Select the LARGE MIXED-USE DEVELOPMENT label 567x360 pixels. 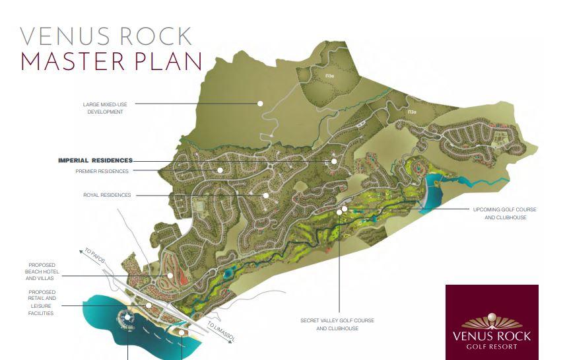[105, 108]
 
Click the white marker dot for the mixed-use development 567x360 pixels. [260, 104]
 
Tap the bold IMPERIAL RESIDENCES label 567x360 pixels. [95, 160]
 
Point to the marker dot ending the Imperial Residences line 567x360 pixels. [334, 161]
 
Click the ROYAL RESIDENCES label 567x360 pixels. [107, 195]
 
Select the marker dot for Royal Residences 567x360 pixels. [266, 195]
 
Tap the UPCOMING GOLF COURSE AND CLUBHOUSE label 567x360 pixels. [504, 213]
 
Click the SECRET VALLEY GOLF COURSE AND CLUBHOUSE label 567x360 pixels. [337, 324]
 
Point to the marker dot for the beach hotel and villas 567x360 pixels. [170, 276]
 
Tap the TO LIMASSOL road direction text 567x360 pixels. [220, 331]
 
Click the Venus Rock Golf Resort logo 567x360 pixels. [492, 322]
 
